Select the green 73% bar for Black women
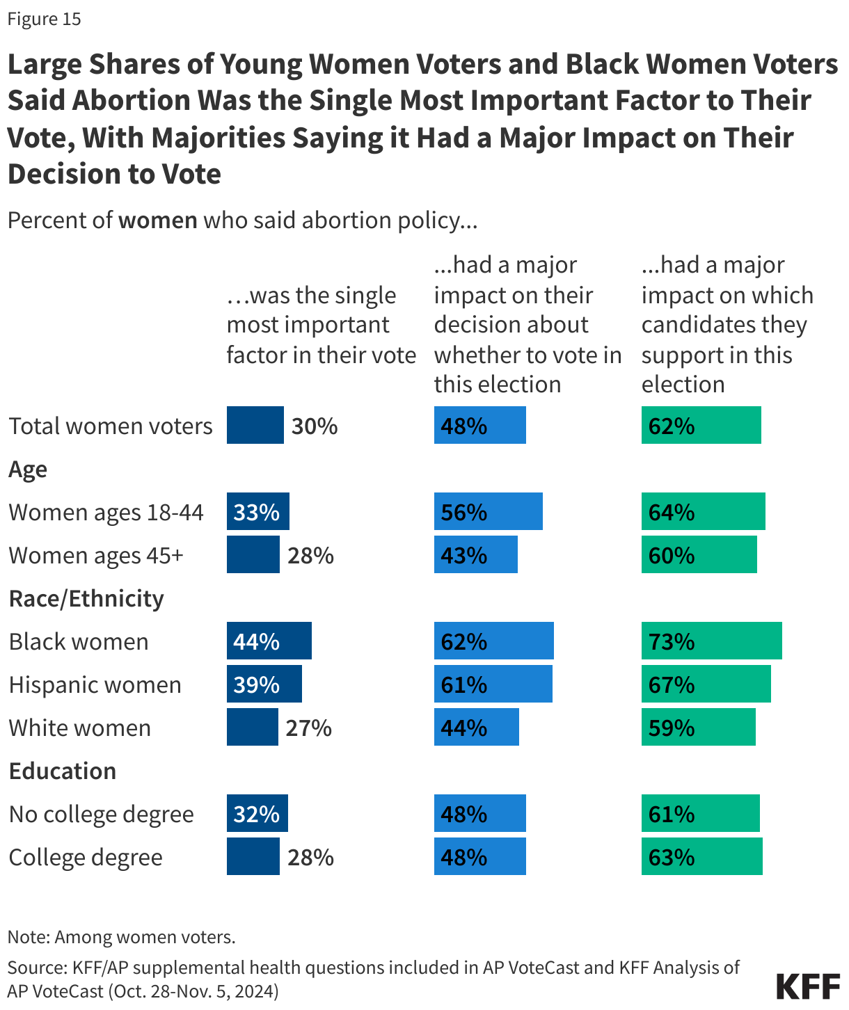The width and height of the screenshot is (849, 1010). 711,641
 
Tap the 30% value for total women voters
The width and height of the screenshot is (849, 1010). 315,426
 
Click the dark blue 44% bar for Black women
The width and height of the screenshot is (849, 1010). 269,641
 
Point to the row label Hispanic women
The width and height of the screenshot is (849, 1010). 95,685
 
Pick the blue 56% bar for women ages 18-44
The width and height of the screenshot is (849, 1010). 488,512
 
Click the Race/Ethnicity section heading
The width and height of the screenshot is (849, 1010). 86,599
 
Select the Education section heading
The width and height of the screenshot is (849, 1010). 63,771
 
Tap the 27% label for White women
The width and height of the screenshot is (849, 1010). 308,728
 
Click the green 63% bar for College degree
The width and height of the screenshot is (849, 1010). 701,857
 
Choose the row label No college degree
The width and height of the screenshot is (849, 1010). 102,815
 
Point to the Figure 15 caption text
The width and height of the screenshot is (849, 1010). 45,19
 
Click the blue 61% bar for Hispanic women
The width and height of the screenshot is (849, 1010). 493,684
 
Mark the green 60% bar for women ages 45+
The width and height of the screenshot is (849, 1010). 699,555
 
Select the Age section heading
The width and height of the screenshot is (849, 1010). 28,470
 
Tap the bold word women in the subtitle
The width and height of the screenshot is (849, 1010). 158,221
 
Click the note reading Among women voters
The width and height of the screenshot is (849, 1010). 122,937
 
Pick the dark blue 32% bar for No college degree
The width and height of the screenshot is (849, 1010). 257,814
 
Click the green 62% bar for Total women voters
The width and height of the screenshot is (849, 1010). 701,426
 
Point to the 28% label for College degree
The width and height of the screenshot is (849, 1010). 310,858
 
